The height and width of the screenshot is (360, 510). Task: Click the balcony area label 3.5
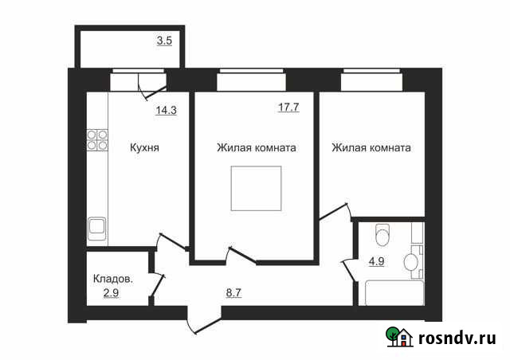[x=164, y=39]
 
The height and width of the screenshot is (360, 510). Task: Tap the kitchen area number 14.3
[x=166, y=111]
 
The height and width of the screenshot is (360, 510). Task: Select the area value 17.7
[x=288, y=108]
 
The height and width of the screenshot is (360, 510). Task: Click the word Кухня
[x=145, y=147]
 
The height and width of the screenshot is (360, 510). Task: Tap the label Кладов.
[x=112, y=280]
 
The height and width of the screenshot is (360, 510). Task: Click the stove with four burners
[x=96, y=140]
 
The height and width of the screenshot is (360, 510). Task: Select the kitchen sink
[x=97, y=228]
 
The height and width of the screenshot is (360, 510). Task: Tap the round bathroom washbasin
[x=411, y=261]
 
